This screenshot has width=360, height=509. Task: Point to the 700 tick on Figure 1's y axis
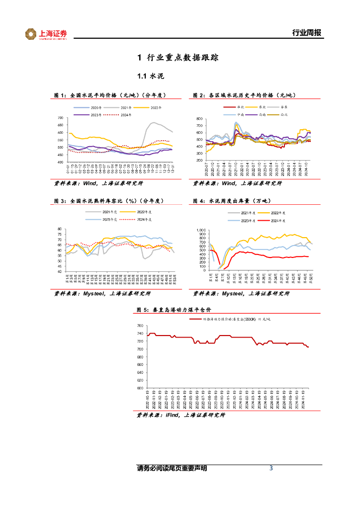[60, 118]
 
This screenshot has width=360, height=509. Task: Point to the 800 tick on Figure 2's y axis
[200, 119]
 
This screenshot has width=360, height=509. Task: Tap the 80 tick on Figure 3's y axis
[60, 229]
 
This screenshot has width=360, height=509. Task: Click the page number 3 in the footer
[271, 468]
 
